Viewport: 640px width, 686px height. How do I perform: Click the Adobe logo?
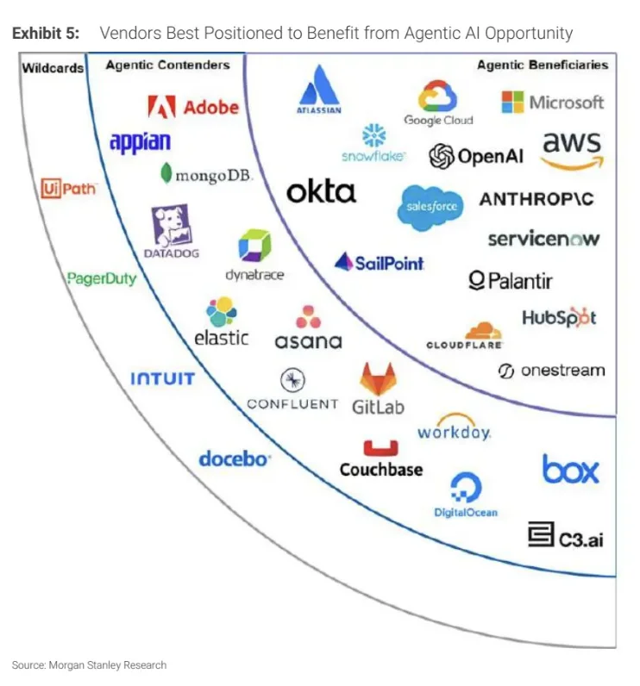pos(192,107)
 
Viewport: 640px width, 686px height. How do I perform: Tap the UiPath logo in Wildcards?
pos(69,188)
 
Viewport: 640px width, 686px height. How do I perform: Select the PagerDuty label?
pos(102,278)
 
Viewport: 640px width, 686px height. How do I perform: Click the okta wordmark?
pos(321,190)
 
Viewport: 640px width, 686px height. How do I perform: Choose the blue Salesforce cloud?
pos(431,208)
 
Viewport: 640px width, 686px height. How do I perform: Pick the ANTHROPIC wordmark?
pos(536,199)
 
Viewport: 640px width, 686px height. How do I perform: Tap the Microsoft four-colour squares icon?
pos(512,102)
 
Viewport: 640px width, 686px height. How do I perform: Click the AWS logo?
pos(572,149)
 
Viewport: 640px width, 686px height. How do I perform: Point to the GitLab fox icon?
pos(378,379)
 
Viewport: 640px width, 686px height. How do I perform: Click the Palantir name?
pos(510,280)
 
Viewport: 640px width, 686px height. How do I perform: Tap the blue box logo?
pos(570,469)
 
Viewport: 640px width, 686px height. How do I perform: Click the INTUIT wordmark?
pos(162,378)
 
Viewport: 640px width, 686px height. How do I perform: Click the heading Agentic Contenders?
pos(167,65)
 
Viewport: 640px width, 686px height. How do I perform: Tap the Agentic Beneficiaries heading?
pos(542,65)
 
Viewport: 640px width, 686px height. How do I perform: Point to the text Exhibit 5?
pos(45,34)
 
